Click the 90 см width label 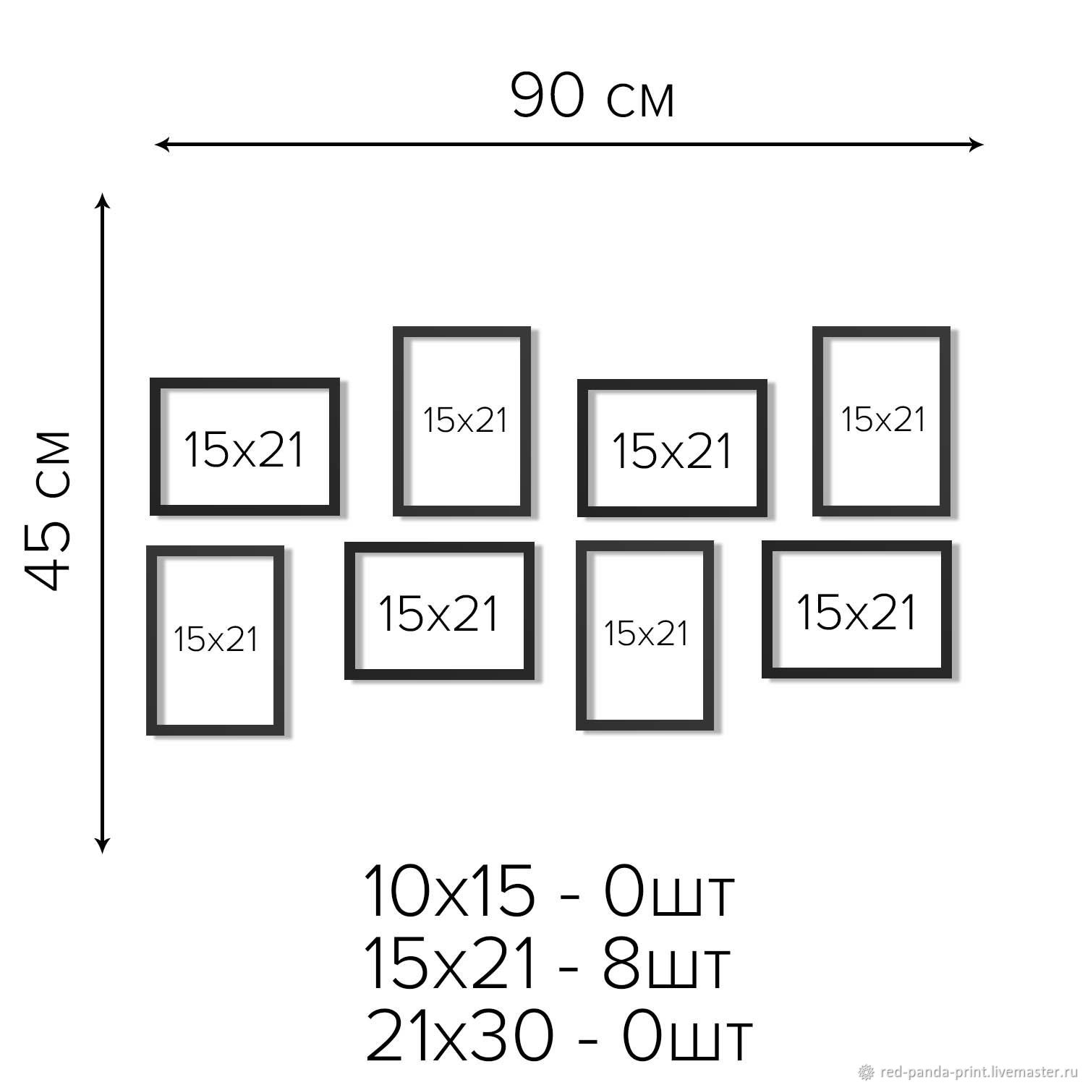tap(593, 96)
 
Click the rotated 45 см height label tap(48, 510)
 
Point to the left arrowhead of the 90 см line tap(162, 145)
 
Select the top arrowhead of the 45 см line tap(103, 200)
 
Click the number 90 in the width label tap(548, 96)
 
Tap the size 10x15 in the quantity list tap(449, 890)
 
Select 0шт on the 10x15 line tap(669, 890)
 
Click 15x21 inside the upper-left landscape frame tap(244, 449)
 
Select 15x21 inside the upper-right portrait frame tap(883, 420)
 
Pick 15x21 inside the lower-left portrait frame tap(216, 639)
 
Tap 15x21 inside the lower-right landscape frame tap(857, 612)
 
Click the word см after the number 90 tap(641, 101)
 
